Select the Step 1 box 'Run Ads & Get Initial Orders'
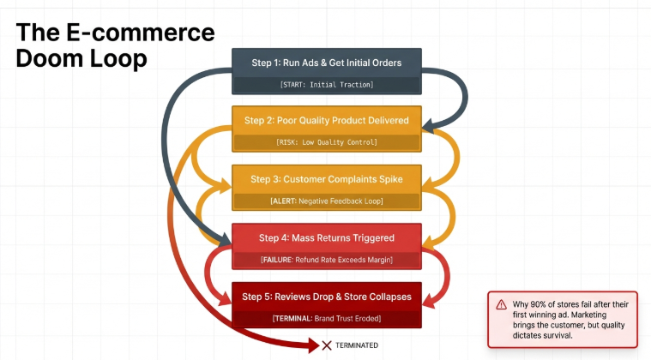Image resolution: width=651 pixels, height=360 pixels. click(327, 63)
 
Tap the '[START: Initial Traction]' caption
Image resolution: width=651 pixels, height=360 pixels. click(327, 85)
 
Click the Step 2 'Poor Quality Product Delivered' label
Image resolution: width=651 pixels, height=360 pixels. click(327, 120)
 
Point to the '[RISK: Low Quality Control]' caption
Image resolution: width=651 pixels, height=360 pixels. click(327, 142)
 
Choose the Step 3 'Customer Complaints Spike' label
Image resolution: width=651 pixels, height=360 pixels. click(327, 179)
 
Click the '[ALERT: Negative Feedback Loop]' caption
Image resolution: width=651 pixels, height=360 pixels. click(327, 201)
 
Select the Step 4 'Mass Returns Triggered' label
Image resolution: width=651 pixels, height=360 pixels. click(327, 237)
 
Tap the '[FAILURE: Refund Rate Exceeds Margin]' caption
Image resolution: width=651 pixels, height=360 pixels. click(327, 259)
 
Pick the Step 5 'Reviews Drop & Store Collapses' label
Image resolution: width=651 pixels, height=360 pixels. click(327, 297)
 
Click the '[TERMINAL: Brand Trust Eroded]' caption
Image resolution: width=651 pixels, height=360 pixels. click(327, 318)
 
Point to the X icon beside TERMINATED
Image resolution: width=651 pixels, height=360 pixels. click(326, 345)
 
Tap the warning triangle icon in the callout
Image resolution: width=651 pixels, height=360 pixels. click(500, 304)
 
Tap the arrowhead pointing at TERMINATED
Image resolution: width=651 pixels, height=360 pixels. click(312, 345)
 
